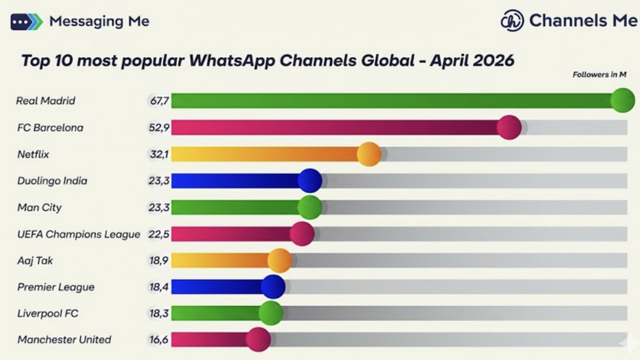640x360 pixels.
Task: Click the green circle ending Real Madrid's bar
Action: (x=622, y=101)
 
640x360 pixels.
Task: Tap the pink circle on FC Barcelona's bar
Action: (x=508, y=127)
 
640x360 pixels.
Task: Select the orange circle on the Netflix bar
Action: (x=368, y=154)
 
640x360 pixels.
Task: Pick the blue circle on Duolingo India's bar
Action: (x=309, y=181)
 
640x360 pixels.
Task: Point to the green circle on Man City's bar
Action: (x=309, y=207)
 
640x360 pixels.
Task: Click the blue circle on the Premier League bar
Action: (x=272, y=287)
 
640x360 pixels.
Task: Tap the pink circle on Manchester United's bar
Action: (x=258, y=339)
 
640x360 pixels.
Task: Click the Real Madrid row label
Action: (x=46, y=101)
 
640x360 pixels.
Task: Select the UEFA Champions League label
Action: (x=78, y=234)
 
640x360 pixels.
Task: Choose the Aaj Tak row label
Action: (x=35, y=261)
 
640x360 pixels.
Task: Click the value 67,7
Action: (x=159, y=101)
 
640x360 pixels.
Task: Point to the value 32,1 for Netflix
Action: (x=159, y=154)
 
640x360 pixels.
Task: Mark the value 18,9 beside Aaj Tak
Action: (x=159, y=261)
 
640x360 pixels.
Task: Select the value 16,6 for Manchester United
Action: (x=159, y=340)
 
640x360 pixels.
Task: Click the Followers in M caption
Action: (x=599, y=75)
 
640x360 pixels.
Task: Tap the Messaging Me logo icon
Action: (x=26, y=22)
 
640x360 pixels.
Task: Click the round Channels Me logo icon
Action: (x=512, y=21)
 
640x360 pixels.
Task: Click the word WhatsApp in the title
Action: (x=233, y=61)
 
